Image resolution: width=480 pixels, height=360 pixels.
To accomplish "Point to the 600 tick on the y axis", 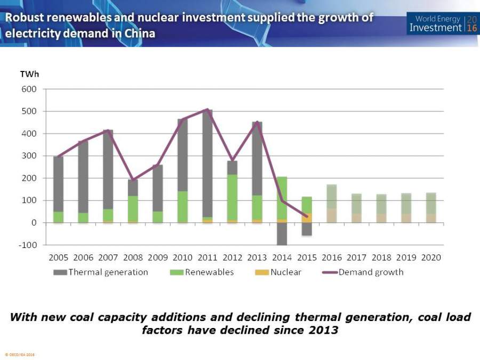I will click(29, 89).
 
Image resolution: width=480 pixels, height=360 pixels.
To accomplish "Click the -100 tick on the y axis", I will click(28, 245).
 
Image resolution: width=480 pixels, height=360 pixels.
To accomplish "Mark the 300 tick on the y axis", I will click(29, 156).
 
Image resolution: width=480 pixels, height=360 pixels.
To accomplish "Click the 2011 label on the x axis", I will click(207, 258).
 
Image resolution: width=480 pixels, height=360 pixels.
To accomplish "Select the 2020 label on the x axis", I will click(431, 258).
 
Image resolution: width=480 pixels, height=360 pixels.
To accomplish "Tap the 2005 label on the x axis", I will click(58, 258).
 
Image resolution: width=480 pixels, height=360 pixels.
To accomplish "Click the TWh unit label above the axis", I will click(29, 74).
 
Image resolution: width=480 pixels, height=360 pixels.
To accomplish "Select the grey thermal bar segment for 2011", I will click(207, 160).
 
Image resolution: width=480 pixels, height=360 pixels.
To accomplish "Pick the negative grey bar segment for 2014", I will click(282, 234).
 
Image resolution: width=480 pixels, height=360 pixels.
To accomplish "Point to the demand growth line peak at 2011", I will click(207, 109).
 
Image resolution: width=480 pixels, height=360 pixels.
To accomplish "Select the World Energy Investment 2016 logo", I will click(442, 24).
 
